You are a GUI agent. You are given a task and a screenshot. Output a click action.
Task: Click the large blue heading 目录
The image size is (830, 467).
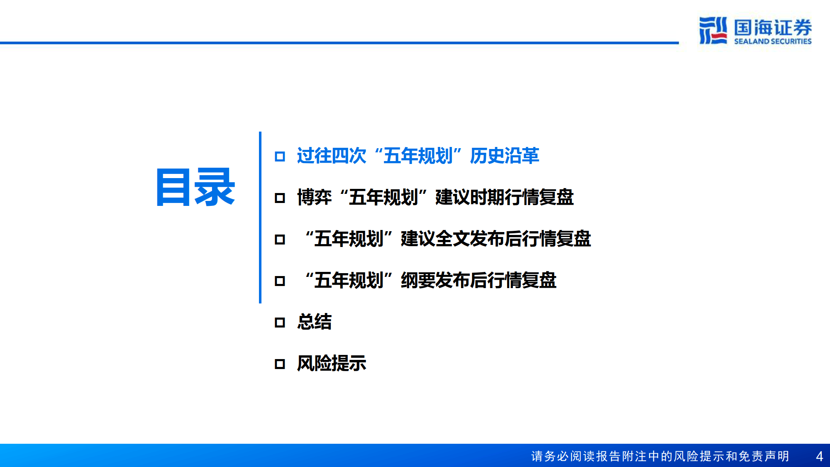coord(195,188)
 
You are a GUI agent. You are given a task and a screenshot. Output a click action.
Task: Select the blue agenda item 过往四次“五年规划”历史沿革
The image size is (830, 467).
coord(417,156)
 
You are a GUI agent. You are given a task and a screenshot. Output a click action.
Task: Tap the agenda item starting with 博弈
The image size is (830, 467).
coord(435,197)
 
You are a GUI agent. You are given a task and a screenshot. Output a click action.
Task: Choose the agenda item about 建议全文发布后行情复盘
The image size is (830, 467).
coord(447,239)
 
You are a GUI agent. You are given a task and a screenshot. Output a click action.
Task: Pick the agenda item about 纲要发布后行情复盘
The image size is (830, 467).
coord(430,280)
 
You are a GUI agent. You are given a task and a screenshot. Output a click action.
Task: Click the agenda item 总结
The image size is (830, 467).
coord(314,322)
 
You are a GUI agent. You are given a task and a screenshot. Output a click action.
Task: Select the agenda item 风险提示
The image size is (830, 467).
coord(332,363)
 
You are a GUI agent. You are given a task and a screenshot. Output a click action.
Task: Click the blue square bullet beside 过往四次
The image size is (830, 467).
coord(280,156)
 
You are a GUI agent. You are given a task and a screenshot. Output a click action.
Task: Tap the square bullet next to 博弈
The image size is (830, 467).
coord(280,198)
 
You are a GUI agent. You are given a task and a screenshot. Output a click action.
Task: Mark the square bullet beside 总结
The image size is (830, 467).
coord(280,323)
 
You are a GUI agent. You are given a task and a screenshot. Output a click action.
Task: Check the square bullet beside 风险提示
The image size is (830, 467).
coord(280,364)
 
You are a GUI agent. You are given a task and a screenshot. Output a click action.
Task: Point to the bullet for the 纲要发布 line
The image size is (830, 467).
coord(280,281)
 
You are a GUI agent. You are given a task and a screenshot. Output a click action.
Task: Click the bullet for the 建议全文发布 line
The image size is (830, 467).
coord(280,240)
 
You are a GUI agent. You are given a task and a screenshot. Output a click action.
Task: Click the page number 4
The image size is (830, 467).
coord(819,456)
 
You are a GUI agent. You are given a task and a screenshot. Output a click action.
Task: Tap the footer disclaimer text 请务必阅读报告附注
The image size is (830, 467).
coord(660,456)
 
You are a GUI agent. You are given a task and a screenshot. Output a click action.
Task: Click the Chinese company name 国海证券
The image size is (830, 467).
coord(773,27)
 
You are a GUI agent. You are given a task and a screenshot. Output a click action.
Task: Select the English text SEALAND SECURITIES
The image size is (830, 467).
coord(773,41)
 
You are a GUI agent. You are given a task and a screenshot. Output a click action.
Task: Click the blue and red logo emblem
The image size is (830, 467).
coord(713,30)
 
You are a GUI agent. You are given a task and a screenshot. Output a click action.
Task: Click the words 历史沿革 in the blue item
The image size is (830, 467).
coord(504,156)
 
